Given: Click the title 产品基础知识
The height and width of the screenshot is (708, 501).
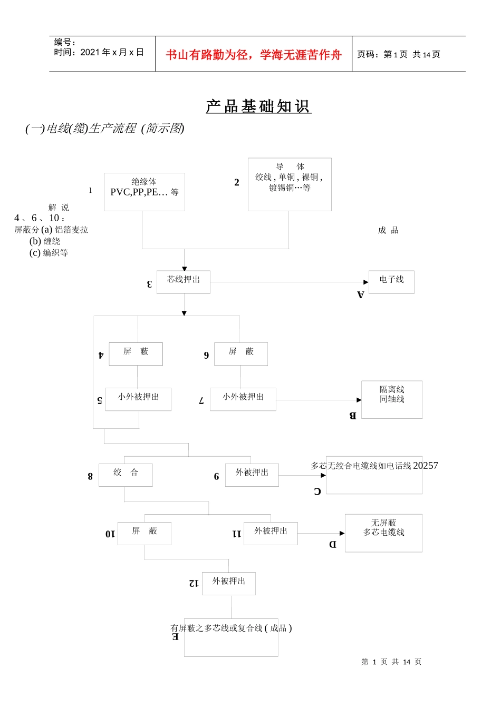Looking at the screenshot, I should click(x=258, y=106).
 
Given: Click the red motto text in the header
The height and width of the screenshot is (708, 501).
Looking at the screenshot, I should click(x=254, y=55).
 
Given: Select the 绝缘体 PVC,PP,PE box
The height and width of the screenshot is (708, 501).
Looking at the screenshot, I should click(x=144, y=192).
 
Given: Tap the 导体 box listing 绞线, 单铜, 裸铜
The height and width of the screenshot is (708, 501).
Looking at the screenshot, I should click(x=290, y=184).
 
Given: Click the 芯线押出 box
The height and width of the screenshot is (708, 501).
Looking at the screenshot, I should click(x=184, y=282).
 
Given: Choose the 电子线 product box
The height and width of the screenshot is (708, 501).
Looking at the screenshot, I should click(x=391, y=282).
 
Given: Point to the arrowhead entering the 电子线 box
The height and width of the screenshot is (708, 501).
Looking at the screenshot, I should click(x=366, y=282).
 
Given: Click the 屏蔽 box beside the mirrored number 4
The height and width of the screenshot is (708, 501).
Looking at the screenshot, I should click(x=136, y=353).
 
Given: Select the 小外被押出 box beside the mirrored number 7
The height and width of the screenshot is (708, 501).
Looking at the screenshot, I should click(x=243, y=399).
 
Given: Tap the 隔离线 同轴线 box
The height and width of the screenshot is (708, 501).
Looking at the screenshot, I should click(x=392, y=399).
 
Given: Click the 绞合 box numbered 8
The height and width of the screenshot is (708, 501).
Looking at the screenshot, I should click(x=126, y=475).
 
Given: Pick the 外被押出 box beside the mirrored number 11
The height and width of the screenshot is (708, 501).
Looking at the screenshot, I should click(x=271, y=533).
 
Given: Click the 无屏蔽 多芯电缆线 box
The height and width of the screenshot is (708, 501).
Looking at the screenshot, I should click(x=383, y=533).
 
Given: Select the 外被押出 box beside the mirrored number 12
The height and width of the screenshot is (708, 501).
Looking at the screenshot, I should click(x=229, y=583).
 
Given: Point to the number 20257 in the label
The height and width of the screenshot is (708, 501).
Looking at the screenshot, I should click(x=426, y=466).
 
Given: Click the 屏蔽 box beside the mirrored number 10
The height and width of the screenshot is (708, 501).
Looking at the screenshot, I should click(x=144, y=533).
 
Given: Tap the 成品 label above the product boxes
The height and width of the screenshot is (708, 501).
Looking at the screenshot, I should click(x=388, y=230).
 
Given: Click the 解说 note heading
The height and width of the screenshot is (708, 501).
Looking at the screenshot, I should click(x=59, y=208).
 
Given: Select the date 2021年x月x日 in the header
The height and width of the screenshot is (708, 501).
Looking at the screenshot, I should click(x=112, y=52).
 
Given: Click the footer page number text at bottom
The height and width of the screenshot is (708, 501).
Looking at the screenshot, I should click(x=391, y=662).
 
